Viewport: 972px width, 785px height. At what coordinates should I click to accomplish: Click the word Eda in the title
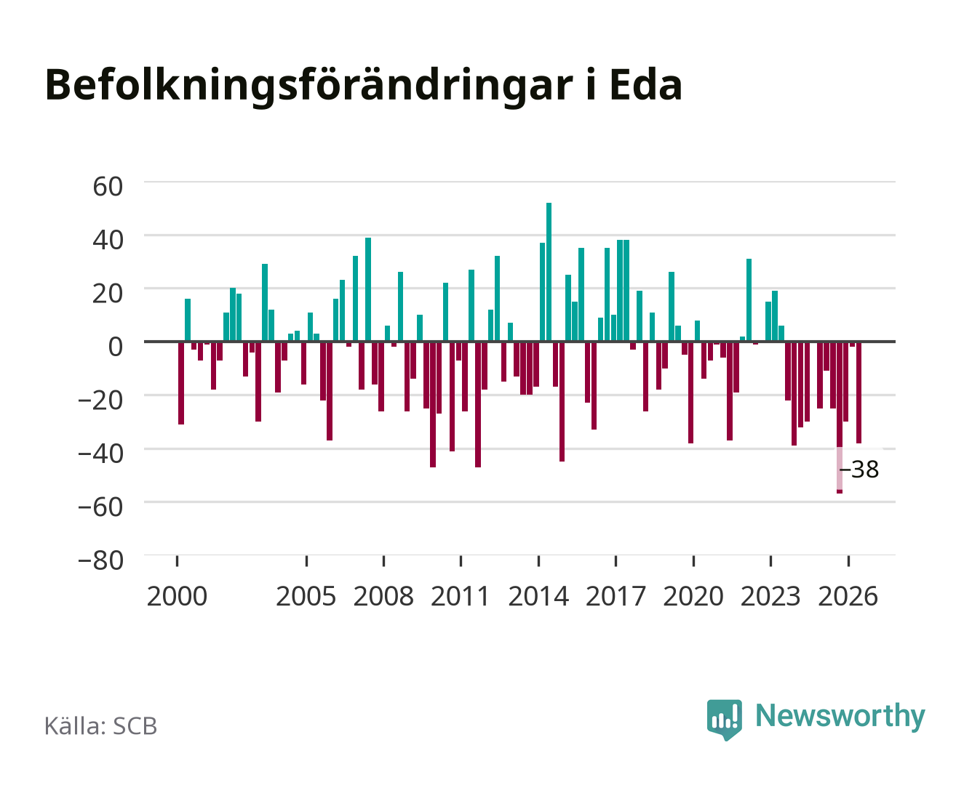[646, 85]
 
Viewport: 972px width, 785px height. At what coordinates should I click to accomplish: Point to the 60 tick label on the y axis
[108, 187]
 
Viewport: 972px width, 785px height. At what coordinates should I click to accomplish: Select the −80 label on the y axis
[100, 560]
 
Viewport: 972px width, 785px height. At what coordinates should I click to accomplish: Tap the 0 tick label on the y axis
[116, 347]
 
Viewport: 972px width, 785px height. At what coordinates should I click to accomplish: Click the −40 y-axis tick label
[100, 454]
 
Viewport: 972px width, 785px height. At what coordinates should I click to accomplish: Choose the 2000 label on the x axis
[177, 596]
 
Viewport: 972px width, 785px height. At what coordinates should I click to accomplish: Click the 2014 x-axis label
[538, 596]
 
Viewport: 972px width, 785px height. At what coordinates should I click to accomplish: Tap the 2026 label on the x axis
[848, 596]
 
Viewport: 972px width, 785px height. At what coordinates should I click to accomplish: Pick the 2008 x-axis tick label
[383, 596]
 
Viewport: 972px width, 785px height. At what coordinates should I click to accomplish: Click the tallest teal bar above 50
[549, 272]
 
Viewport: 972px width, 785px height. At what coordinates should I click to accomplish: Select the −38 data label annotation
[859, 470]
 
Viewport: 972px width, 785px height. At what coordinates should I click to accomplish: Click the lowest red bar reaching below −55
[839, 417]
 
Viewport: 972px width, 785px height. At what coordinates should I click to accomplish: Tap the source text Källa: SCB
[101, 725]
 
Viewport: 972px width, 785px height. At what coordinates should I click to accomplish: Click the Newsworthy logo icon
[724, 720]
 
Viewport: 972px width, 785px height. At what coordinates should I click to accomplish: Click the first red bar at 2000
[181, 383]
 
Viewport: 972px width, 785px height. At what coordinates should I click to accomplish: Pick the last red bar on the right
[859, 392]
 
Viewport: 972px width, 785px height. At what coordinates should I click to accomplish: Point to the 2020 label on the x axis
[693, 596]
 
